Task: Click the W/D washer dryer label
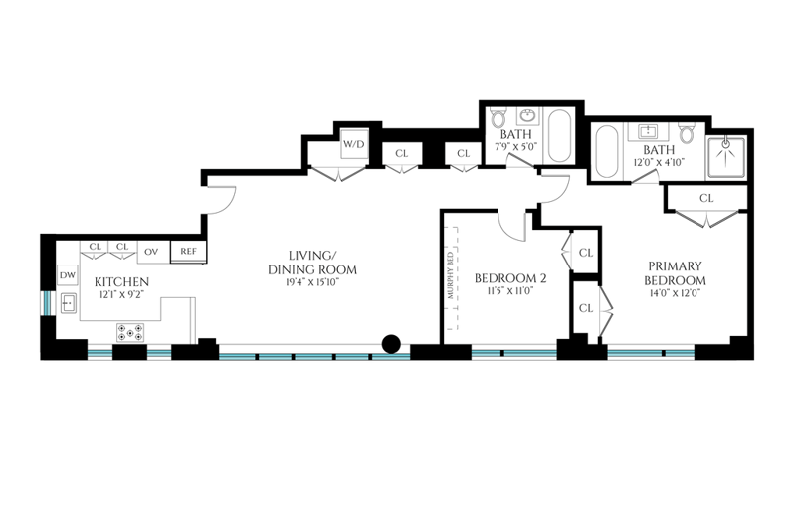click(x=354, y=144)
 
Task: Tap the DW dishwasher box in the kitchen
click(x=67, y=275)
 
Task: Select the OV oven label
click(x=151, y=252)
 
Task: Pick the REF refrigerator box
click(x=188, y=252)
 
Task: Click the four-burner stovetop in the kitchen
click(x=130, y=333)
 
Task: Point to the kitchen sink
click(x=69, y=303)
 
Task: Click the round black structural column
click(x=391, y=344)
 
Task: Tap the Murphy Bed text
click(x=450, y=275)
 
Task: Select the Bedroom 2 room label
click(x=510, y=278)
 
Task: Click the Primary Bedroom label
click(x=676, y=273)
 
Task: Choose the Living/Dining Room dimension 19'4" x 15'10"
click(x=312, y=282)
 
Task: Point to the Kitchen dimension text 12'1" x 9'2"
click(x=121, y=294)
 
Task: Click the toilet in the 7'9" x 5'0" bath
click(x=498, y=118)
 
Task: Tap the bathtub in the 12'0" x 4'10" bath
click(x=606, y=151)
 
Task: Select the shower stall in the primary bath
click(x=726, y=157)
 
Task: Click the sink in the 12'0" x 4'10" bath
click(x=649, y=132)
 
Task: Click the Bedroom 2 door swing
click(x=511, y=226)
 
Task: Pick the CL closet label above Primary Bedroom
click(x=706, y=198)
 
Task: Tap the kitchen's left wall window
click(x=48, y=302)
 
